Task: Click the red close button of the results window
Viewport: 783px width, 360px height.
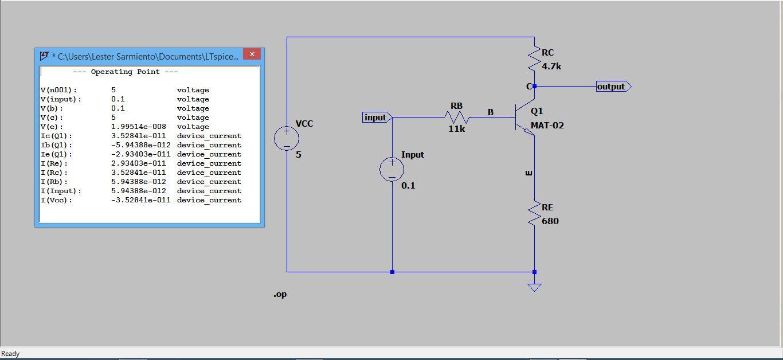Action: pyautogui.click(x=252, y=54)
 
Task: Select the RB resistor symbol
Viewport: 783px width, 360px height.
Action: pyautogui.click(x=457, y=118)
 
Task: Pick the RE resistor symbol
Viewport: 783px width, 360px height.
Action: pyautogui.click(x=534, y=213)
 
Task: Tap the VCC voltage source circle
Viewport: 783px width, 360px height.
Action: pyautogui.click(x=287, y=138)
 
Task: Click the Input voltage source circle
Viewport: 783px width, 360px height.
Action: pyautogui.click(x=392, y=169)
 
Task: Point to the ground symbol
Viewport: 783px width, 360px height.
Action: pyautogui.click(x=534, y=287)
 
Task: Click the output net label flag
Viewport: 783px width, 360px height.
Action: pyautogui.click(x=613, y=87)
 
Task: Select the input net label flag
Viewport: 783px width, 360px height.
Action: pyautogui.click(x=377, y=118)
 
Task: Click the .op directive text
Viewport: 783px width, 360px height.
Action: pyautogui.click(x=280, y=294)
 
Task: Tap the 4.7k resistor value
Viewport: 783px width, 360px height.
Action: pyautogui.click(x=551, y=66)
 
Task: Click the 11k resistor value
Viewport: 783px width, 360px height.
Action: pyautogui.click(x=457, y=129)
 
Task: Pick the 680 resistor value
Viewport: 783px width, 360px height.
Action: pyautogui.click(x=550, y=221)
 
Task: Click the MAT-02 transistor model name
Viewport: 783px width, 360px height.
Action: pyautogui.click(x=547, y=126)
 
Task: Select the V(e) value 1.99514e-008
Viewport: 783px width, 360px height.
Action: pyautogui.click(x=138, y=127)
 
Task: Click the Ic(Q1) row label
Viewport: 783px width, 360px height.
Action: pyautogui.click(x=57, y=136)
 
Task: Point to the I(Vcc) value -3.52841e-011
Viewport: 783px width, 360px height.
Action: pyautogui.click(x=140, y=200)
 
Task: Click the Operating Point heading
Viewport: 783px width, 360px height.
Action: pyautogui.click(x=126, y=72)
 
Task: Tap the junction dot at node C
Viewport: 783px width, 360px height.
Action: pyautogui.click(x=534, y=87)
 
